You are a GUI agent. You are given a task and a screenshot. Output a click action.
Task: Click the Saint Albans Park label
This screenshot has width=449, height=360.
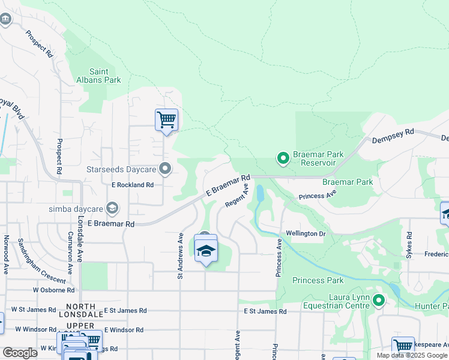98,75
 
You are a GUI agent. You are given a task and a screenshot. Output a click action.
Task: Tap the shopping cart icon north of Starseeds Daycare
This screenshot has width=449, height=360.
166,119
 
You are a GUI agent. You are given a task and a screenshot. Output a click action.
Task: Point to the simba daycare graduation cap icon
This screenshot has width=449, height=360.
112,208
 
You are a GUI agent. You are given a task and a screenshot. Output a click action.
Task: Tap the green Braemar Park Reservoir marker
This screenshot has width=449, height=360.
283,158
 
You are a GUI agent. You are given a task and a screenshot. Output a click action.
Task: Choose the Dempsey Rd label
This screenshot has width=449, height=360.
393,135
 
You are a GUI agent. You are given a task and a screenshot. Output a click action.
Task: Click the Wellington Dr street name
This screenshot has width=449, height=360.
306,233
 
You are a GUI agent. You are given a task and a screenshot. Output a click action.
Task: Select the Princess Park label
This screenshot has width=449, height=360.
318,280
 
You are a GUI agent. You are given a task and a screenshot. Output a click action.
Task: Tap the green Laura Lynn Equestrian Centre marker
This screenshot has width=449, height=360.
378,300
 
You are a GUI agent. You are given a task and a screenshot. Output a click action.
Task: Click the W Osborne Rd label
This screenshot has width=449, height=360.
54,290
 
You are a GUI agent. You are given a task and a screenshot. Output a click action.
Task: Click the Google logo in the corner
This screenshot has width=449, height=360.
20,353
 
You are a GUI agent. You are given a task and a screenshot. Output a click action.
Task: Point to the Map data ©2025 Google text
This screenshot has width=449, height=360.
412,355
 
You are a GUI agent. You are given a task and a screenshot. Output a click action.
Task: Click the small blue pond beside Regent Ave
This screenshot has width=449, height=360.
259,193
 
